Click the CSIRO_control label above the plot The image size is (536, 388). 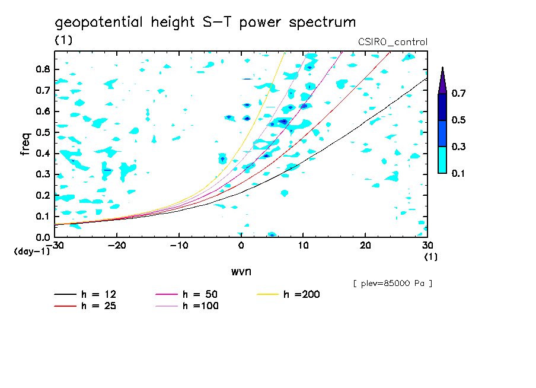(x=393, y=42)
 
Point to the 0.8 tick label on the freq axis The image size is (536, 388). (x=43, y=69)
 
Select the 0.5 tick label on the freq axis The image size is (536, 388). (x=43, y=132)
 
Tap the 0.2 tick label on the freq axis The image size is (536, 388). (x=43, y=195)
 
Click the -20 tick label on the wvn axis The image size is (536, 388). (x=117, y=246)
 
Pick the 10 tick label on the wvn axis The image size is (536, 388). (x=303, y=246)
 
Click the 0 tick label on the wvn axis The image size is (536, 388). (x=241, y=246)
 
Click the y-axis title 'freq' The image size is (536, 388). (x=25, y=144)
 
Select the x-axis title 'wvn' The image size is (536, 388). (x=241, y=272)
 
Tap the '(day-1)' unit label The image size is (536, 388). (x=32, y=252)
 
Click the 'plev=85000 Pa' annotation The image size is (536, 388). (x=393, y=284)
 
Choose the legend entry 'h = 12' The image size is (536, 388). (x=85, y=294)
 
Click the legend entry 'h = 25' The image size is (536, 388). (x=85, y=306)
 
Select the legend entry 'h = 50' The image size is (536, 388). (x=187, y=294)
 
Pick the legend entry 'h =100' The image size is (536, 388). (x=187, y=306)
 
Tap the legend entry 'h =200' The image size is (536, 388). (x=289, y=294)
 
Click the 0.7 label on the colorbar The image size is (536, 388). (x=458, y=93)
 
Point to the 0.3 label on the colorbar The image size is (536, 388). (x=458, y=147)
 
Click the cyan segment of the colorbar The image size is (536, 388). (x=442, y=160)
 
